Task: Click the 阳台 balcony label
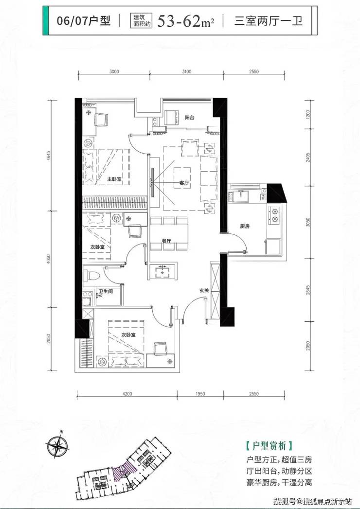click(189, 118)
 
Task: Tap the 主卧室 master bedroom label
click(115, 179)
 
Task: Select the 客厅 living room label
click(184, 183)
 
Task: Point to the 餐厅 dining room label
click(167, 241)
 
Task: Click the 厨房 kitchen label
click(245, 226)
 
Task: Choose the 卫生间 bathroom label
click(106, 292)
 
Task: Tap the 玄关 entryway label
click(204, 291)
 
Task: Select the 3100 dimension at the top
click(187, 71)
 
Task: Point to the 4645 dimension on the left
click(49, 156)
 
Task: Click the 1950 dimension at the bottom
click(200, 394)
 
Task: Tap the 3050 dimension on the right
click(308, 222)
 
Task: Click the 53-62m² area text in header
click(185, 21)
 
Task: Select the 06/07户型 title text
click(84, 21)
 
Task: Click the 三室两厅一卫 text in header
click(269, 21)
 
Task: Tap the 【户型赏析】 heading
click(270, 446)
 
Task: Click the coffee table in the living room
click(182, 176)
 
